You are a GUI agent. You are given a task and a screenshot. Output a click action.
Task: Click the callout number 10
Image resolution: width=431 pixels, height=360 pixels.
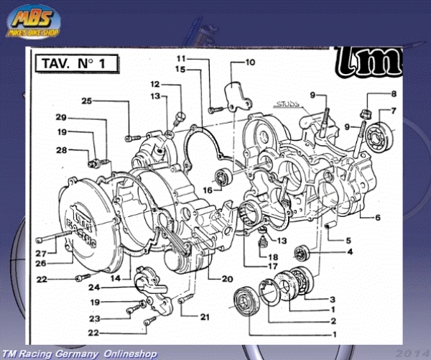[250, 63]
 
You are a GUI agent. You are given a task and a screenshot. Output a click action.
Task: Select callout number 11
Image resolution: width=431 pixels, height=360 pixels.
[182, 57]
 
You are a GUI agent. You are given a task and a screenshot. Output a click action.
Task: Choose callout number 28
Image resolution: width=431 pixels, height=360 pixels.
[62, 150]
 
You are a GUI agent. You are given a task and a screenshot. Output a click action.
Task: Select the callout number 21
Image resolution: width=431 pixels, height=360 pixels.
[205, 317]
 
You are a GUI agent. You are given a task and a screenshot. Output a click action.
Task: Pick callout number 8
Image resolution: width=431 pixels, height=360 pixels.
[393, 95]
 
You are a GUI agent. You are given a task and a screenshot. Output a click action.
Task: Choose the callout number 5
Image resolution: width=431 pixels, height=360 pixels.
[349, 240]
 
